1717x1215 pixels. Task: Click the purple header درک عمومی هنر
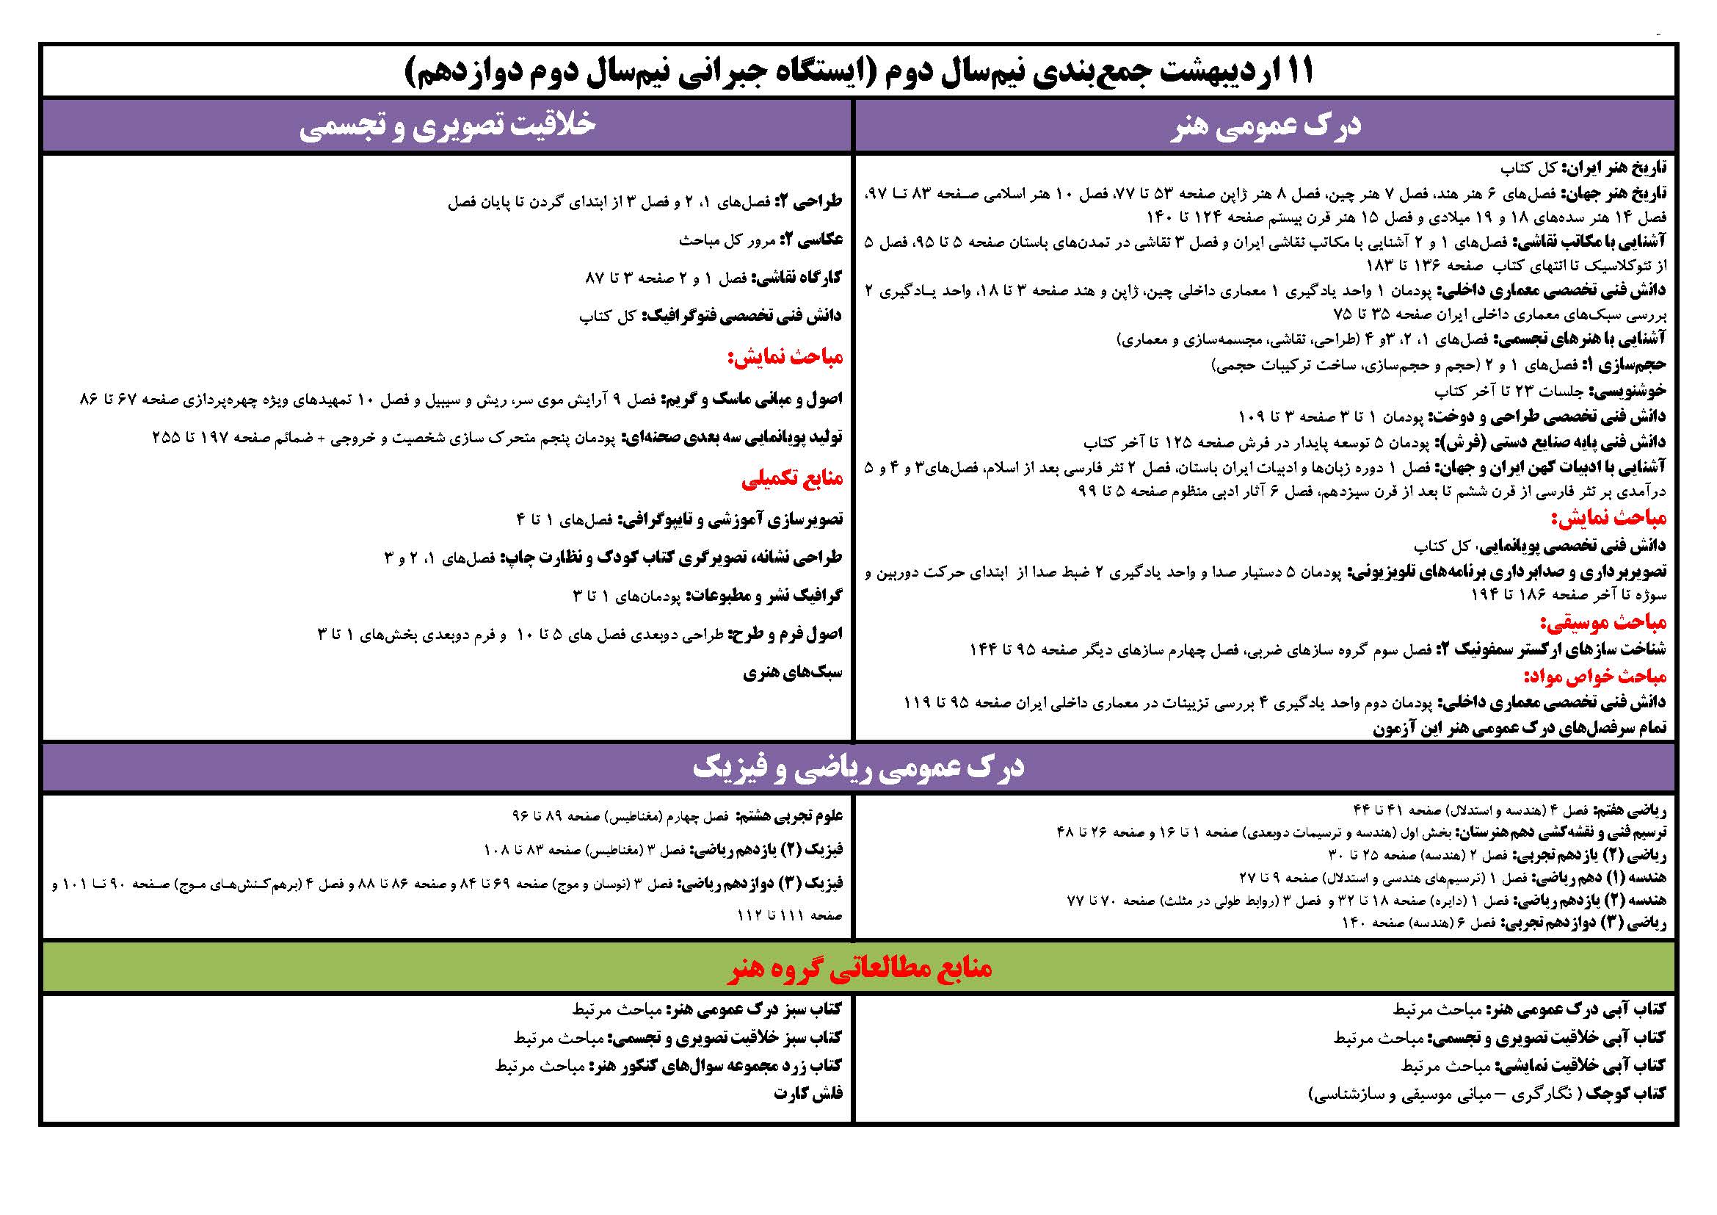pyautogui.click(x=1266, y=126)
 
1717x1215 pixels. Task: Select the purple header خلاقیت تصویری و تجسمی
pyautogui.click(x=447, y=126)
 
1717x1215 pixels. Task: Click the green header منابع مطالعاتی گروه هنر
pyautogui.click(x=860, y=968)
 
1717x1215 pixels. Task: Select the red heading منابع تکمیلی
pyautogui.click(x=792, y=480)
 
